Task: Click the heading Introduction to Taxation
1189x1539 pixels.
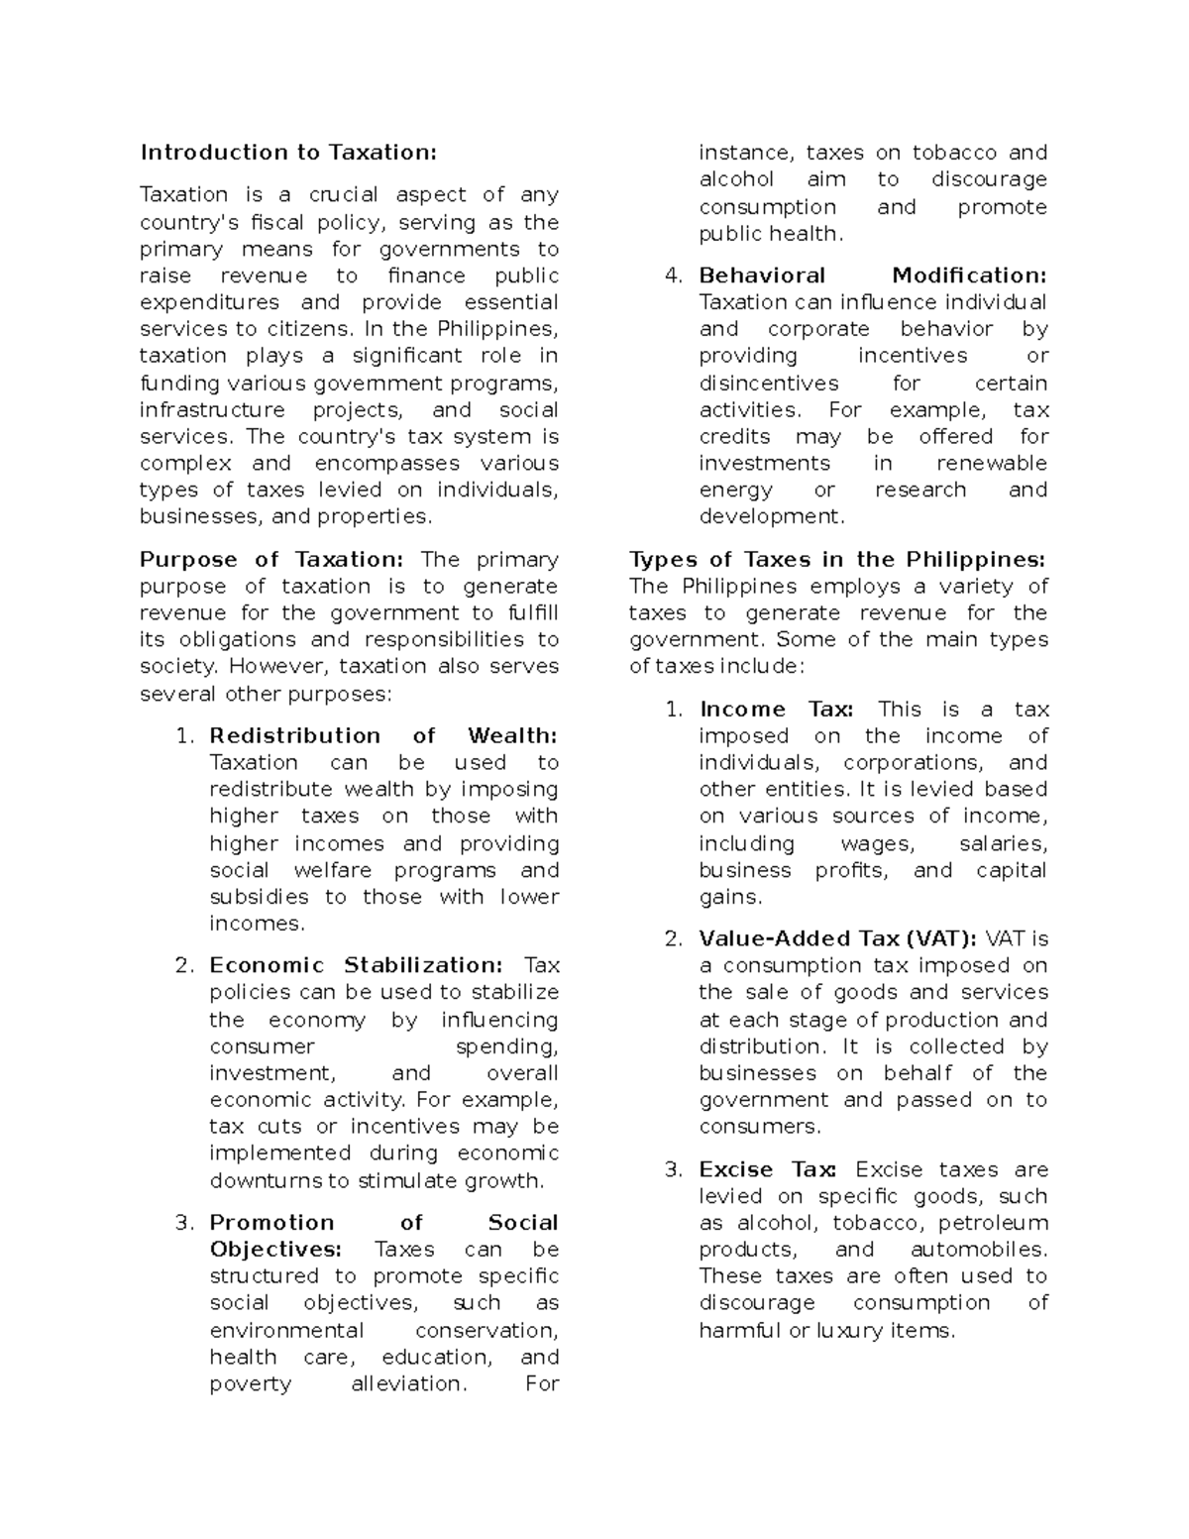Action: (287, 153)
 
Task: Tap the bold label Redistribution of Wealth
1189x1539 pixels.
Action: (383, 735)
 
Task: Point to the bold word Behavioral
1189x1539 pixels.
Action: (762, 275)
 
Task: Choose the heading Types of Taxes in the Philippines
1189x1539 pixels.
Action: (836, 560)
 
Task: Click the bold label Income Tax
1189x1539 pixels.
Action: (774, 710)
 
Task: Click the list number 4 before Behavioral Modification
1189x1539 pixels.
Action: (673, 275)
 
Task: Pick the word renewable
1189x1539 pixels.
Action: (991, 464)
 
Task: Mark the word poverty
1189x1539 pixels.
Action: (251, 1384)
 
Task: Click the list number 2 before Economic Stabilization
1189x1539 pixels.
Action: (183, 965)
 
